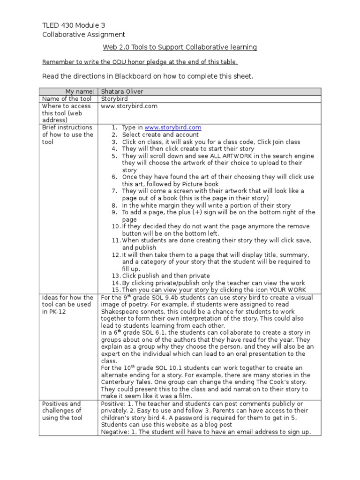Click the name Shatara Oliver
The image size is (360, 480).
(122, 92)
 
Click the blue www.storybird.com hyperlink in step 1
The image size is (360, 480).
(173, 127)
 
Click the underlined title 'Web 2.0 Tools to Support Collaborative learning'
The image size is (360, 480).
(180, 47)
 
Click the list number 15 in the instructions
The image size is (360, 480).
(115, 290)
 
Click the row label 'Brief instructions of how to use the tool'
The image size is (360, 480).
(67, 135)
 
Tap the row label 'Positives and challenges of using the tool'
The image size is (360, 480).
(63, 411)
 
